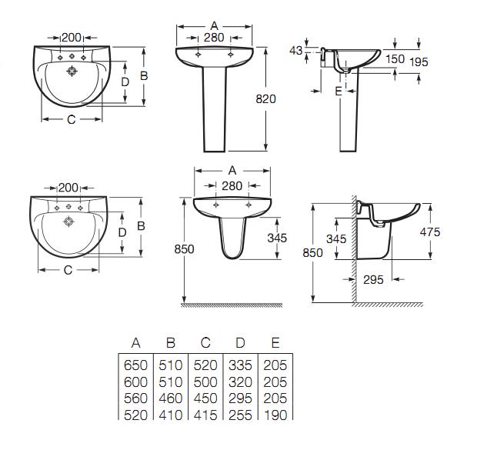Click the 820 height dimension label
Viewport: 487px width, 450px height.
[x=266, y=99]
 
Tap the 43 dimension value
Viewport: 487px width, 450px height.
[x=295, y=50]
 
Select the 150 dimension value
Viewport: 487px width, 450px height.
[x=395, y=58]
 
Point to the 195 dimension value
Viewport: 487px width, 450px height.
[x=419, y=62]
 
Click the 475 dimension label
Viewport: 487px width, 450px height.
[x=430, y=232]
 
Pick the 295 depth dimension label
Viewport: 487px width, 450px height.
[x=373, y=280]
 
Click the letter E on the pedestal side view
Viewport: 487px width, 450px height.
[x=339, y=92]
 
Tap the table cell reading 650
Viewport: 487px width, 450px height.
[x=135, y=365]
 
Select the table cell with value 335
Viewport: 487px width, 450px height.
[x=240, y=365]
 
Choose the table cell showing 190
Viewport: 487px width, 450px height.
[x=275, y=415]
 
